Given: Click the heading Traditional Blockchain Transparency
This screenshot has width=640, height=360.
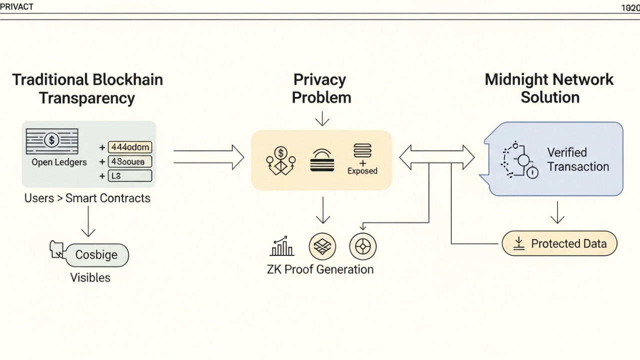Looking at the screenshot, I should [87, 88].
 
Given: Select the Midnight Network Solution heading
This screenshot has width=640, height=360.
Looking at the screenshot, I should [549, 88].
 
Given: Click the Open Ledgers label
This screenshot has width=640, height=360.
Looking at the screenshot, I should [59, 162].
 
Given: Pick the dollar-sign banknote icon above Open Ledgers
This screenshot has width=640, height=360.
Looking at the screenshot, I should [52, 140].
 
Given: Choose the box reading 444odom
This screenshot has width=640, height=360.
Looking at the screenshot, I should [129, 147].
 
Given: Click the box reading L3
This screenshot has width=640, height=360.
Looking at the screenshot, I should [129, 175].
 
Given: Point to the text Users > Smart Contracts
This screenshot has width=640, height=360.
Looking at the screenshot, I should [87, 198].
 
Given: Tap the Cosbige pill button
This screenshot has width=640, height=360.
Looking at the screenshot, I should [96, 255].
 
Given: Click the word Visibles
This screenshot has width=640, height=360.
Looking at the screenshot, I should [90, 277].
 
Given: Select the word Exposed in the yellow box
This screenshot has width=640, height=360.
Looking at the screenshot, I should [362, 171].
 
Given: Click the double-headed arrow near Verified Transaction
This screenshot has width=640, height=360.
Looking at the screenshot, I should [436, 157].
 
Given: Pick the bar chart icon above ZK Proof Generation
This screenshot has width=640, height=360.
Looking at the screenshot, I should [282, 246].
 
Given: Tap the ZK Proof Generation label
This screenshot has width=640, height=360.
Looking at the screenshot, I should [320, 269].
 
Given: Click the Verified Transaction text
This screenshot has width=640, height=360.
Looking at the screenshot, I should [578, 159].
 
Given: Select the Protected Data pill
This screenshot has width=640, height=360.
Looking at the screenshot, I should [559, 243].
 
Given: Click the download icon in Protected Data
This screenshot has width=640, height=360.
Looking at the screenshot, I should [519, 243].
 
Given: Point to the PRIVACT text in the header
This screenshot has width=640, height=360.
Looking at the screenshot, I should [17, 6].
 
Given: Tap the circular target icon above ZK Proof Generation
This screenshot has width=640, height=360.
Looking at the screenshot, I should [362, 246].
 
